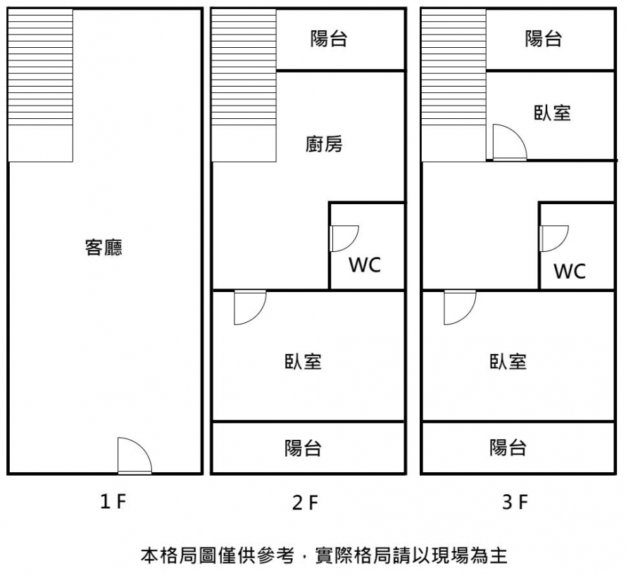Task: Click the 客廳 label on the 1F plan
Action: (x=104, y=248)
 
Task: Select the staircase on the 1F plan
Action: (x=40, y=85)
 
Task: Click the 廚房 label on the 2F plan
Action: (x=324, y=145)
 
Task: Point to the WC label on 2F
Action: (x=365, y=265)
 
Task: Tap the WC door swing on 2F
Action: (x=344, y=237)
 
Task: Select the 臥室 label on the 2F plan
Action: (x=303, y=362)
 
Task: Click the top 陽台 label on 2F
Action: (x=329, y=39)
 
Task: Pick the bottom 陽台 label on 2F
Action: (x=303, y=448)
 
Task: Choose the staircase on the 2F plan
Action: (x=244, y=85)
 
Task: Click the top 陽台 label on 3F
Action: (x=544, y=39)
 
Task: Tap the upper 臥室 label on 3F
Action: (x=552, y=113)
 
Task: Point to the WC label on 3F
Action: (x=570, y=271)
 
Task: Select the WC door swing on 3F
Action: (x=553, y=237)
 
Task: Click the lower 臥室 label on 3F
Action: (x=508, y=362)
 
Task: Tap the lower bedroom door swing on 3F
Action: (x=459, y=308)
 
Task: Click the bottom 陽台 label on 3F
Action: (x=508, y=448)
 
